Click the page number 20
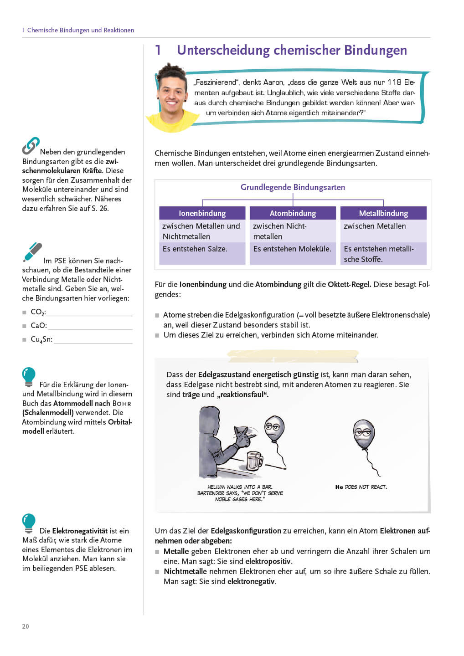26,626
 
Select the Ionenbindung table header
202,213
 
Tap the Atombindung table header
293,213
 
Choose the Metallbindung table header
383,213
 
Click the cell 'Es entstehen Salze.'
195,249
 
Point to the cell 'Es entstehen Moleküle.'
292,249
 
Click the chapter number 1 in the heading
158,50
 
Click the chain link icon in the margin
31,146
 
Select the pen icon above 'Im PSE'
32,252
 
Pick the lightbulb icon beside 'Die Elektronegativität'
29,523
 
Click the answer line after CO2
89,313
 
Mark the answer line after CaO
90,327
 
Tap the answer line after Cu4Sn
93,340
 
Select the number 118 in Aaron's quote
394,82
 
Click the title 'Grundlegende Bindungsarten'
293,187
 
